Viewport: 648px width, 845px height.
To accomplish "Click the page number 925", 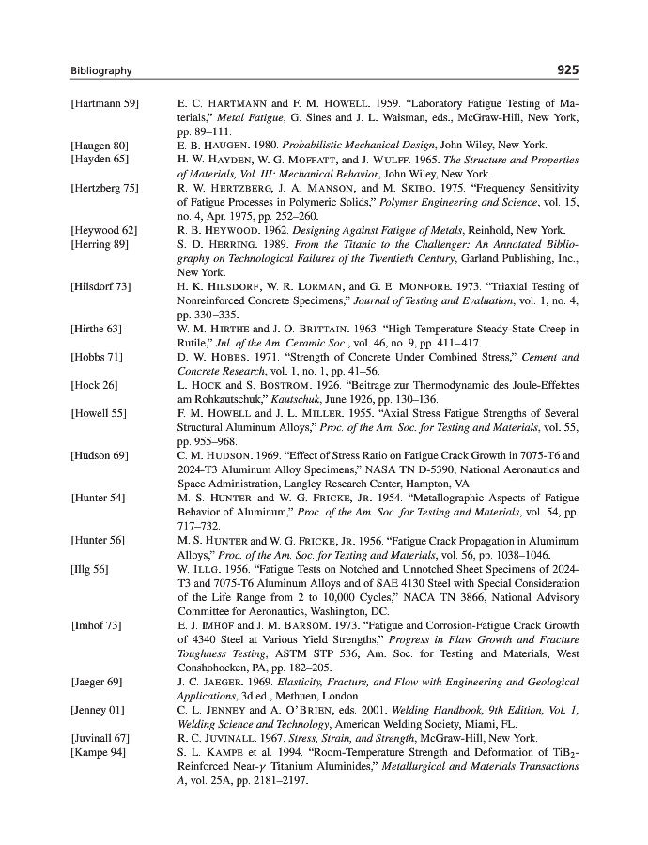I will click(x=567, y=70).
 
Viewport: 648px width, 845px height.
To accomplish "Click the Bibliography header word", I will click(x=101, y=71).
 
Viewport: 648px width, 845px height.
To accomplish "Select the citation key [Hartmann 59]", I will click(x=104, y=101).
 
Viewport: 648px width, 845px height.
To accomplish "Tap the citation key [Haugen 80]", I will click(x=100, y=146).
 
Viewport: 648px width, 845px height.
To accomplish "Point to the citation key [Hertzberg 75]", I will click(x=104, y=188).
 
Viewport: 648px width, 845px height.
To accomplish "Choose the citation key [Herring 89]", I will click(x=100, y=244).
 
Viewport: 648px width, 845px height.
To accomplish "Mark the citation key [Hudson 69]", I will click(x=100, y=455).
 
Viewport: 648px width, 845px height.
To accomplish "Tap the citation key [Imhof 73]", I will click(x=97, y=624).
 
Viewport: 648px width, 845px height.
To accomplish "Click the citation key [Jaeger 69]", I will click(x=98, y=681).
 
